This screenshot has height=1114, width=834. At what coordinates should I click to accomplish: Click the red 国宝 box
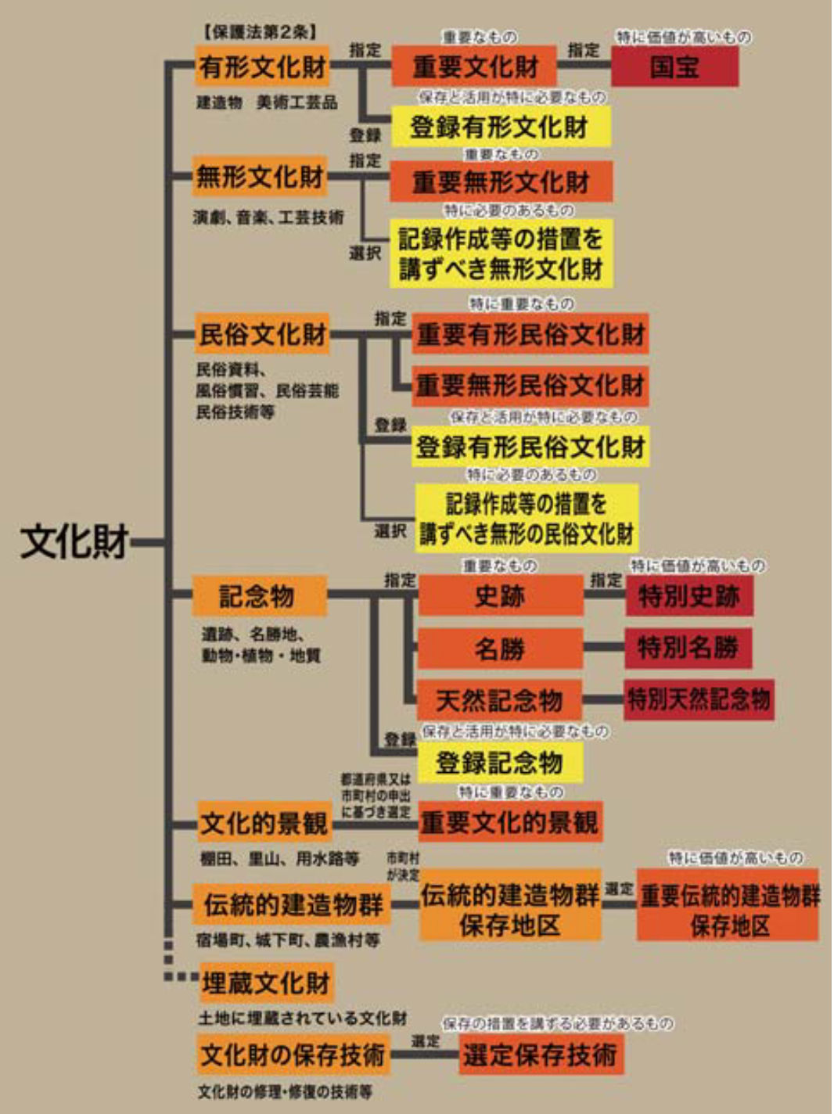point(674,67)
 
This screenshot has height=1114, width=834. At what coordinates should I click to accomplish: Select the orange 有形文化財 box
point(262,66)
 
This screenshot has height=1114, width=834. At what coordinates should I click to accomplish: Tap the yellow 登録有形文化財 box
point(500,126)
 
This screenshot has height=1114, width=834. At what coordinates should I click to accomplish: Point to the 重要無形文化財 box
point(501,182)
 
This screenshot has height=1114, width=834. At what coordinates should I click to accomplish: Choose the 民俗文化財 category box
point(262,334)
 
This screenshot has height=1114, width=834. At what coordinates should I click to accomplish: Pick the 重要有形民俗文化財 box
point(530,335)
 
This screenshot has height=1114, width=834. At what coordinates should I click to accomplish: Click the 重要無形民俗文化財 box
point(530,385)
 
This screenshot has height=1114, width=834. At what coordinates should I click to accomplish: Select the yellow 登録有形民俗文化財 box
point(530,447)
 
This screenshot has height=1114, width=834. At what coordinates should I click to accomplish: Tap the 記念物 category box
point(258,596)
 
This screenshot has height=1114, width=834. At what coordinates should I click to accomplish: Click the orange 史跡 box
point(500,597)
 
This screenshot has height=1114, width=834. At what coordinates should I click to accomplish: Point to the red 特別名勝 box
point(688,648)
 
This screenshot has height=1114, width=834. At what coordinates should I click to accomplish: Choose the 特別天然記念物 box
point(699,699)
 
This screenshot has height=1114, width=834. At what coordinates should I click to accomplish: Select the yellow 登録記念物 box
point(500,762)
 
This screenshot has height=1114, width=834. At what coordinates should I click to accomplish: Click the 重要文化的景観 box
point(509,822)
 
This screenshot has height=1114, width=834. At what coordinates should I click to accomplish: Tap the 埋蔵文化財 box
point(266,983)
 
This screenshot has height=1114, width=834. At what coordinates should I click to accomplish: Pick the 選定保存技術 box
point(540,1055)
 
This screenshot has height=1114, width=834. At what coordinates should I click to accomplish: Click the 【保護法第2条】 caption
point(260,32)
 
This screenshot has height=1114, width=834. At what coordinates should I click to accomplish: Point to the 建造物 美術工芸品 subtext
point(266,102)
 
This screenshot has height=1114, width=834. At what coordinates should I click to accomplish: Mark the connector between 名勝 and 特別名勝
point(603,648)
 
